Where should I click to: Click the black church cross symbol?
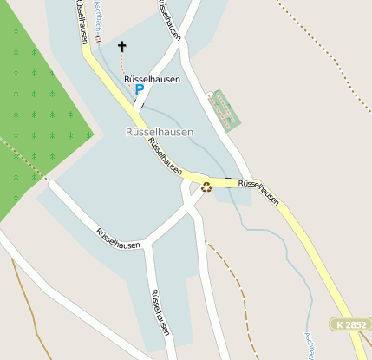coord(121,46)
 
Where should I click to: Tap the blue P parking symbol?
coord(139,89)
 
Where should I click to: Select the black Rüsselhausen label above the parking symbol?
coord(152,79)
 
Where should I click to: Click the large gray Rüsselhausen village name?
coord(153,132)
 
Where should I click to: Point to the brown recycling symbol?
coord(206,186)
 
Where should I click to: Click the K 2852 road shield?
coord(350,324)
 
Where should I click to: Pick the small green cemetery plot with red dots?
coord(226,109)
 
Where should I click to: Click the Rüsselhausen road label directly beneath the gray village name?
coord(164,156)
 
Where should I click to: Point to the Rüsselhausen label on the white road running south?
coord(160,312)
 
